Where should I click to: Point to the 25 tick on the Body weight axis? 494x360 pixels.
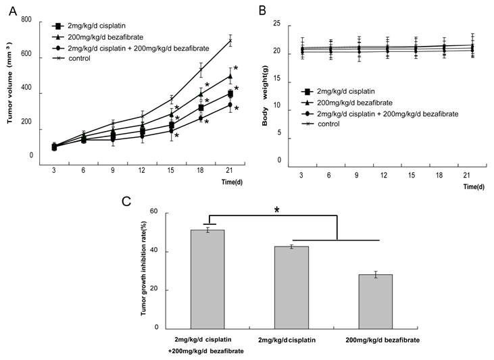pyautogui.click(x=277, y=24)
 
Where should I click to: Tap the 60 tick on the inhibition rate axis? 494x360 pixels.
pyautogui.click(x=153, y=211)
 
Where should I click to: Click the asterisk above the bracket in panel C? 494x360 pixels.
pyautogui.click(x=276, y=210)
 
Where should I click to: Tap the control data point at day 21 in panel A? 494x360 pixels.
pyautogui.click(x=230, y=41)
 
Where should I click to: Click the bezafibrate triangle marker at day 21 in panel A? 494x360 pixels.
pyautogui.click(x=230, y=76)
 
